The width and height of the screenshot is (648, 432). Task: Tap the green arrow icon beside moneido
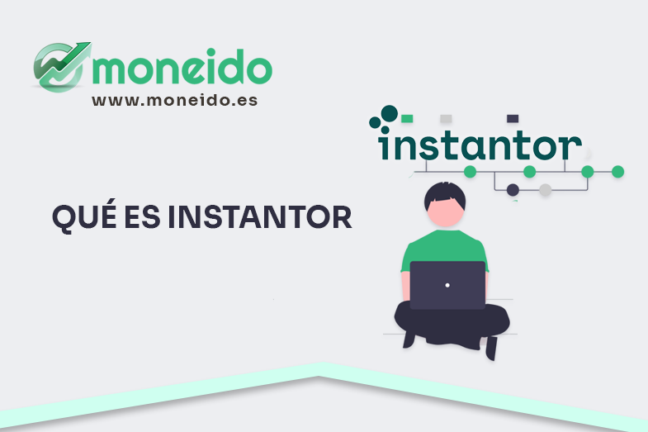coord(60,65)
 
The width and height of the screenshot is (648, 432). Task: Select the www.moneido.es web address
coord(174,100)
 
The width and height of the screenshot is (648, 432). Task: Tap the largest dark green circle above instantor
coord(389,113)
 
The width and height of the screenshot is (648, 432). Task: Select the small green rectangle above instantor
coord(408,118)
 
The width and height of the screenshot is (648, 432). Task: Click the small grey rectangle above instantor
coord(446,118)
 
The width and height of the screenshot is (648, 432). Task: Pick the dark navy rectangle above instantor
coord(512,118)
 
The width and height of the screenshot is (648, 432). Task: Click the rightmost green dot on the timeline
coord(617,172)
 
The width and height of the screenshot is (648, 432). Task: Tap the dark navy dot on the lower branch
coord(513,190)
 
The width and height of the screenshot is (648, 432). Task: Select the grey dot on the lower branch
coord(545,190)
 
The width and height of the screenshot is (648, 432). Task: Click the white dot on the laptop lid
coord(447,285)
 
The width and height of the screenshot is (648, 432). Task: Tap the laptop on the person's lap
coord(447,285)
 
